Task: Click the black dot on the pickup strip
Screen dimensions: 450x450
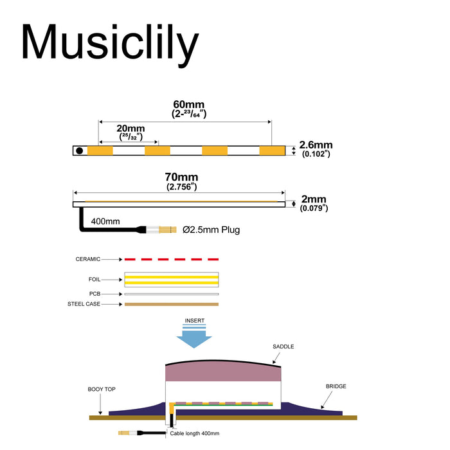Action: click(x=80, y=150)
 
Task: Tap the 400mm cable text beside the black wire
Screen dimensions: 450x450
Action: click(x=105, y=221)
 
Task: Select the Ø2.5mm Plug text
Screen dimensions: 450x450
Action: click(x=211, y=230)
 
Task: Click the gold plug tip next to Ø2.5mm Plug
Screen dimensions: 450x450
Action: click(x=168, y=230)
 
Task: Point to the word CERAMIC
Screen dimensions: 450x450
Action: click(x=88, y=259)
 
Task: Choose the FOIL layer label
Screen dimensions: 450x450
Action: click(x=94, y=279)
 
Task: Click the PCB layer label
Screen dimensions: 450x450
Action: click(x=94, y=294)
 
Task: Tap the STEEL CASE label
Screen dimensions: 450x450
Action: click(x=84, y=304)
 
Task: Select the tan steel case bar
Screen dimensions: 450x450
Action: click(x=172, y=304)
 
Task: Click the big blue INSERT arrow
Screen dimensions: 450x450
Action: click(x=194, y=339)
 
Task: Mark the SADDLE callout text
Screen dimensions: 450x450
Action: click(x=283, y=346)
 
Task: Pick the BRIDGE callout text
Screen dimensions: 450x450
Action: click(x=336, y=386)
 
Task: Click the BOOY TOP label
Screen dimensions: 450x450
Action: click(x=102, y=389)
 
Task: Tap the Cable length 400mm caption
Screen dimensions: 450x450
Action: click(x=195, y=433)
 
